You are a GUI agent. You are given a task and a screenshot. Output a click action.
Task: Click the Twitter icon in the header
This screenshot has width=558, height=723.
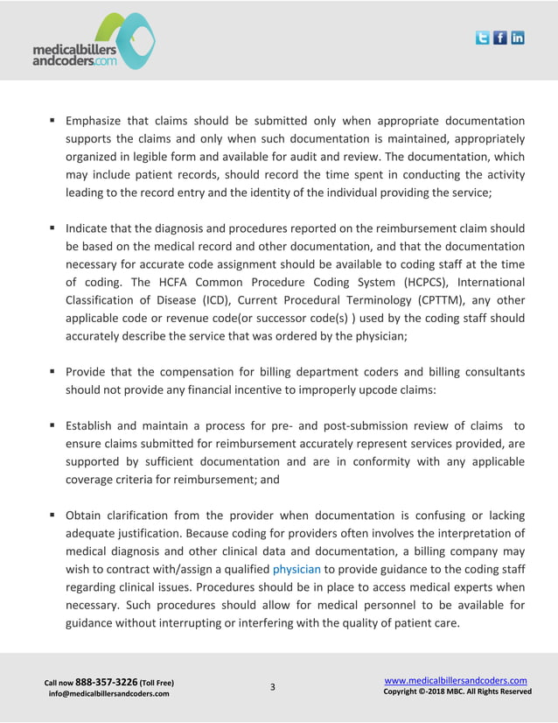click(483, 38)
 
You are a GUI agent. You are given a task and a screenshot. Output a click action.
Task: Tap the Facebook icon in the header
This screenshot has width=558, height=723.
click(500, 38)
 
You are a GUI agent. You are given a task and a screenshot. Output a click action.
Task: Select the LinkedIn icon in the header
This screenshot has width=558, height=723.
click(518, 38)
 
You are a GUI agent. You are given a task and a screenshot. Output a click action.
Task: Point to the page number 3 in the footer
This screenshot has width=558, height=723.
click(272, 686)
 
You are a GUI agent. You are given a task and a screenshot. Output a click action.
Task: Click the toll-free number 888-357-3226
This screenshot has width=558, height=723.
click(105, 681)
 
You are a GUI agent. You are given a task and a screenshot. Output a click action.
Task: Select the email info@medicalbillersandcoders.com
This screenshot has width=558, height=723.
click(109, 694)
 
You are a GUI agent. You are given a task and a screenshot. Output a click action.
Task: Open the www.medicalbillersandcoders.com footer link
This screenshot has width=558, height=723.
click(456, 680)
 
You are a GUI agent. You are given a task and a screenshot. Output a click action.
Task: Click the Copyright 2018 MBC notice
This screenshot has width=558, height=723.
click(457, 692)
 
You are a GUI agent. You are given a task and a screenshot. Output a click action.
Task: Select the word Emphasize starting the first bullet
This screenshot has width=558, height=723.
click(101, 121)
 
